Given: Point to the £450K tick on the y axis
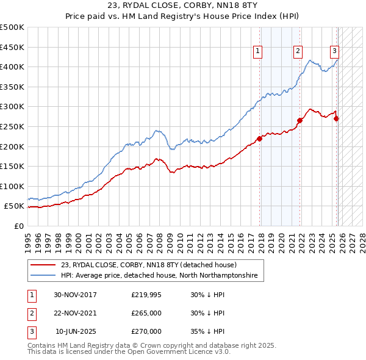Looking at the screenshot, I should (12, 47).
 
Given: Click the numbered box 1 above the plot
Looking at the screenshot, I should (259, 52).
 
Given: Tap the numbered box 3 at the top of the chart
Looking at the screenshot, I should (335, 52).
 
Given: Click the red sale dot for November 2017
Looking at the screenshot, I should (259, 139).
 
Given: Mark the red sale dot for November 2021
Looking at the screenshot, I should (300, 120).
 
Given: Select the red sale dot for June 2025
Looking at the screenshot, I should (336, 118).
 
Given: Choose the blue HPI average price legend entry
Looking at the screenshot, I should (159, 276).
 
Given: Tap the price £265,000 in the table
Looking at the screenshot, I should (146, 313).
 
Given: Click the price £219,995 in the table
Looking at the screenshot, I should (146, 295).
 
